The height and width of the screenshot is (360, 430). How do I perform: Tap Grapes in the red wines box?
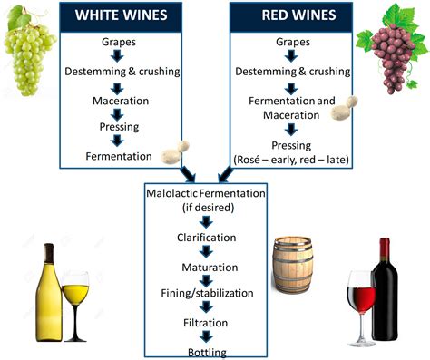coord(289,41)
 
